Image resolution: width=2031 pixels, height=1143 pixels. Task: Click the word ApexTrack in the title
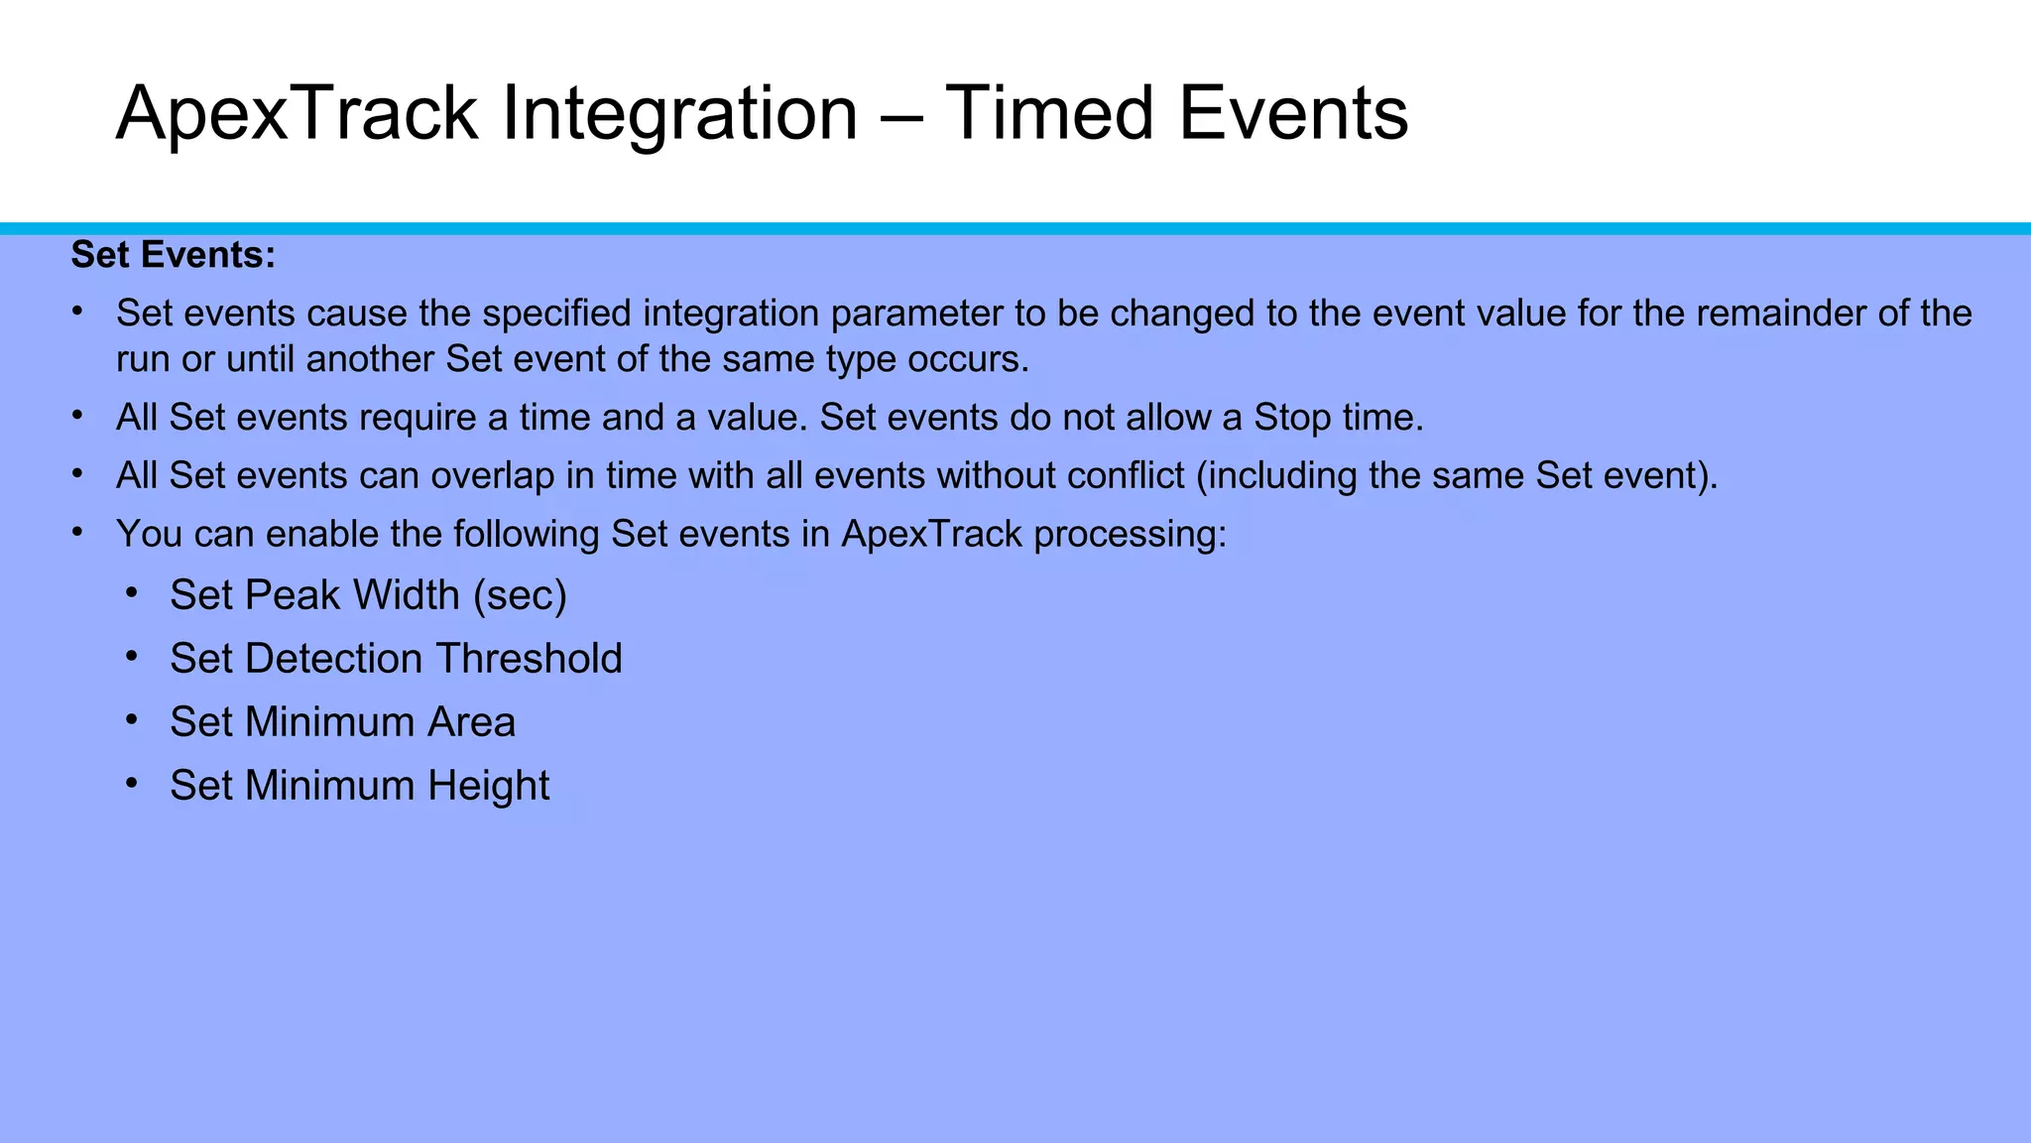[x=298, y=114]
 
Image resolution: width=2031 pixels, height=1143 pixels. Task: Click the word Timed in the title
[x=1048, y=114]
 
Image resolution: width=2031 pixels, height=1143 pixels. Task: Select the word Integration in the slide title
[x=679, y=114]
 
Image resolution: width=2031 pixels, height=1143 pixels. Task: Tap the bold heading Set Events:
[x=174, y=255]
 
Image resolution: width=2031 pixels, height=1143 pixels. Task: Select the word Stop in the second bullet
[x=1291, y=418]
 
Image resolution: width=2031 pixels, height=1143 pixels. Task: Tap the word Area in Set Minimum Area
[x=471, y=722]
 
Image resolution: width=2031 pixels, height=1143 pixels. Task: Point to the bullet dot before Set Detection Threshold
[x=132, y=656]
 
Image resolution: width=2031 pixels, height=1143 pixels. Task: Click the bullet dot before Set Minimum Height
[x=132, y=783]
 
